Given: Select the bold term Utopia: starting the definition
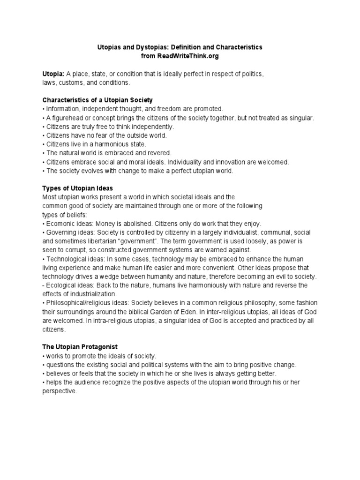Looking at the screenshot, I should click(53, 74).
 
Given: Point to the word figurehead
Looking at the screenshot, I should click(64, 118).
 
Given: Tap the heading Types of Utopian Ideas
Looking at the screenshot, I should click(77, 188).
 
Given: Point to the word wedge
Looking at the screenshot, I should click(122, 277).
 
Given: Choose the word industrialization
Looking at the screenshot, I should click(91, 294).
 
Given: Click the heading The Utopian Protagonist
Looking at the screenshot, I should click(77, 347).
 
